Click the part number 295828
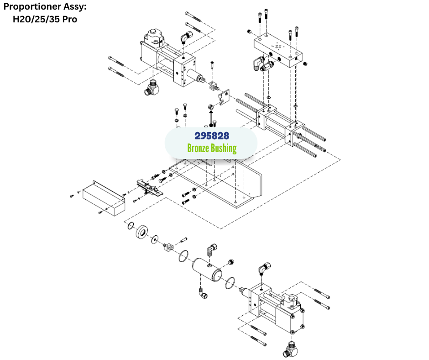click(x=211, y=136)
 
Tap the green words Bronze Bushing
click(x=212, y=148)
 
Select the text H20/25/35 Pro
click(x=44, y=19)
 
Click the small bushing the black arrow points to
click(x=210, y=107)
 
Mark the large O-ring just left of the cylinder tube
click(x=183, y=256)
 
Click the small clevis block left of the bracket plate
click(x=213, y=85)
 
